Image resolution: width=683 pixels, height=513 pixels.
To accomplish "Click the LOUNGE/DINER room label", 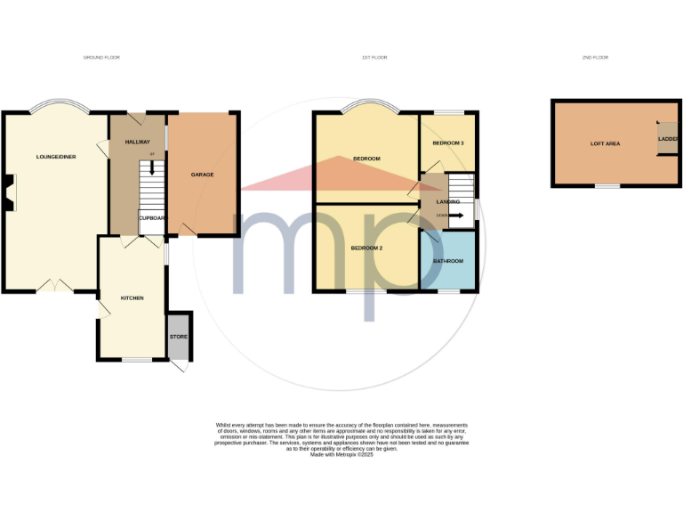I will [53, 157].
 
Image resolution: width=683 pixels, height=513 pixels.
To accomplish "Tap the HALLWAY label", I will [138, 142].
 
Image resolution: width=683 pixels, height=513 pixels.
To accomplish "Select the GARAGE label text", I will [202, 175].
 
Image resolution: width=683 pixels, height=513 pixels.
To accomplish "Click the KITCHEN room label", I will [132, 298].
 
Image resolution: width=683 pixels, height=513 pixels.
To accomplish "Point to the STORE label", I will [179, 337].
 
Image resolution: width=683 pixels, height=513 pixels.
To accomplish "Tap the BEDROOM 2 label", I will [366, 248].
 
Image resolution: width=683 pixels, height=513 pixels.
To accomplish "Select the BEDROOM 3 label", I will [448, 143].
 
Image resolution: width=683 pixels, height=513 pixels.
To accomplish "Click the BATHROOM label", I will [448, 261].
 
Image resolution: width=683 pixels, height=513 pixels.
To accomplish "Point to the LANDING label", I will [447, 202].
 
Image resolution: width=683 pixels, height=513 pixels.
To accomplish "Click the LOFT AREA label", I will [605, 143].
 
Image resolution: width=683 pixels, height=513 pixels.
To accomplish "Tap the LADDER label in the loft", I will [667, 139].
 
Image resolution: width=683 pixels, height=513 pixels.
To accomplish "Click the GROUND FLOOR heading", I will [101, 57].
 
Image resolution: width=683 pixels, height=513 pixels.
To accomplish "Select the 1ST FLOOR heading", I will [374, 57].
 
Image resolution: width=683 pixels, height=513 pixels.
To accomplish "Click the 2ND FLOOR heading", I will [594, 57].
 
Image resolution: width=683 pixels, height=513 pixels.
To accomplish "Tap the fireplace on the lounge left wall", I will [8, 193].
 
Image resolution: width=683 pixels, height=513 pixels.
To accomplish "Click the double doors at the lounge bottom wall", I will [53, 286].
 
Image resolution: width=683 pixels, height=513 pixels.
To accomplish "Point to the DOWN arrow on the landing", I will [456, 216].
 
